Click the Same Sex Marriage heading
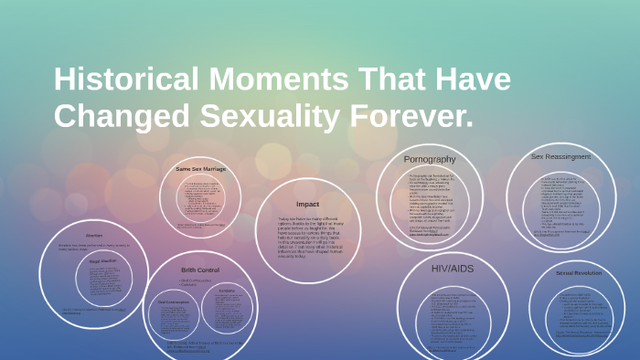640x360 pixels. click(200, 169)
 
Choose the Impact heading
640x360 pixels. click(306, 203)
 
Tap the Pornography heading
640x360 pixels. click(430, 159)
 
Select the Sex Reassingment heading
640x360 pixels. click(561, 156)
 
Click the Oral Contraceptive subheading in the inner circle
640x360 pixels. click(174, 301)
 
